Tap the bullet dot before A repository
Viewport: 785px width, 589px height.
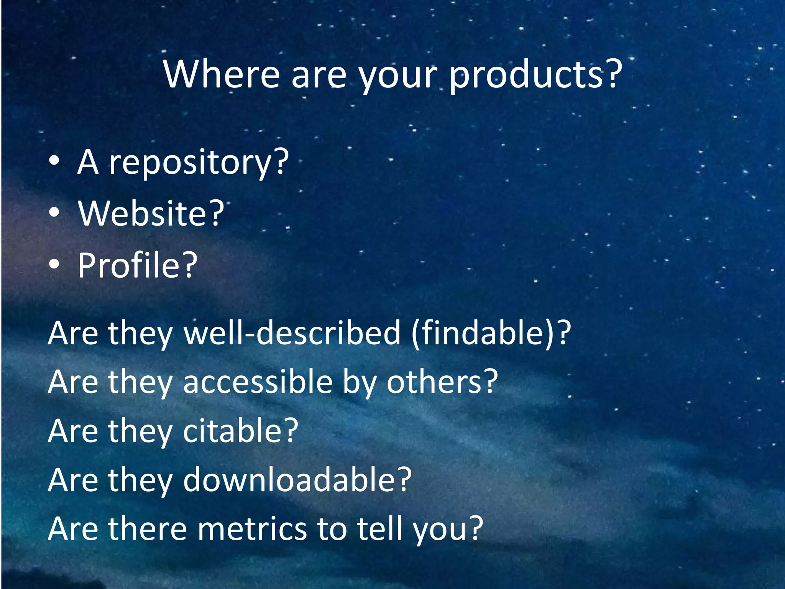[54, 161]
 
